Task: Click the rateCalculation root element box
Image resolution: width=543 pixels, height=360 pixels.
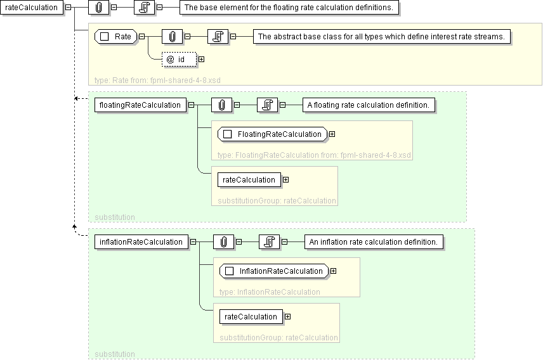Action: pyautogui.click(x=32, y=8)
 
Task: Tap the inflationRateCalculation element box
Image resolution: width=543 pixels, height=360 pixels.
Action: pyautogui.click(x=141, y=242)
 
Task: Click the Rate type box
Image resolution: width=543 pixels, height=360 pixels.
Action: pyautogui.click(x=116, y=37)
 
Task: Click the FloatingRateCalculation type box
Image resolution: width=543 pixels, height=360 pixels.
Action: pyautogui.click(x=273, y=134)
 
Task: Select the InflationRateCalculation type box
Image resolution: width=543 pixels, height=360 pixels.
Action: pyautogui.click(x=275, y=271)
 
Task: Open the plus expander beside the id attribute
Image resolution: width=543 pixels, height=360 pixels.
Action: pyautogui.click(x=202, y=60)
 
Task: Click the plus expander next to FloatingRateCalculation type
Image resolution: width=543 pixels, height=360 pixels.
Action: pyautogui.click(x=332, y=134)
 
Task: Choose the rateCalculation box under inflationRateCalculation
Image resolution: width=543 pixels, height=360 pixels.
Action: pyautogui.click(x=251, y=317)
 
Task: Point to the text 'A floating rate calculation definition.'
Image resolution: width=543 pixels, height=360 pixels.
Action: pyautogui.click(x=369, y=105)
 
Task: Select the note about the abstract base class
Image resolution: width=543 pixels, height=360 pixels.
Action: pyautogui.click(x=382, y=37)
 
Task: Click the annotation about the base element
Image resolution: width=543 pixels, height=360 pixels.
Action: pyautogui.click(x=291, y=8)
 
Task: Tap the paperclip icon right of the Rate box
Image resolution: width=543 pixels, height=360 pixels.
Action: pyautogui.click(x=172, y=37)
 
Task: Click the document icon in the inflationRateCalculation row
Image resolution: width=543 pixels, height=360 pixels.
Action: pyautogui.click(x=269, y=242)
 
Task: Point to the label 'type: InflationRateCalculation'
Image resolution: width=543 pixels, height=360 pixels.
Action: pyautogui.click(x=270, y=292)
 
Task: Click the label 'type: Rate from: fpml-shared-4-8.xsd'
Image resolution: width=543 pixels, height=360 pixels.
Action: pyautogui.click(x=157, y=80)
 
